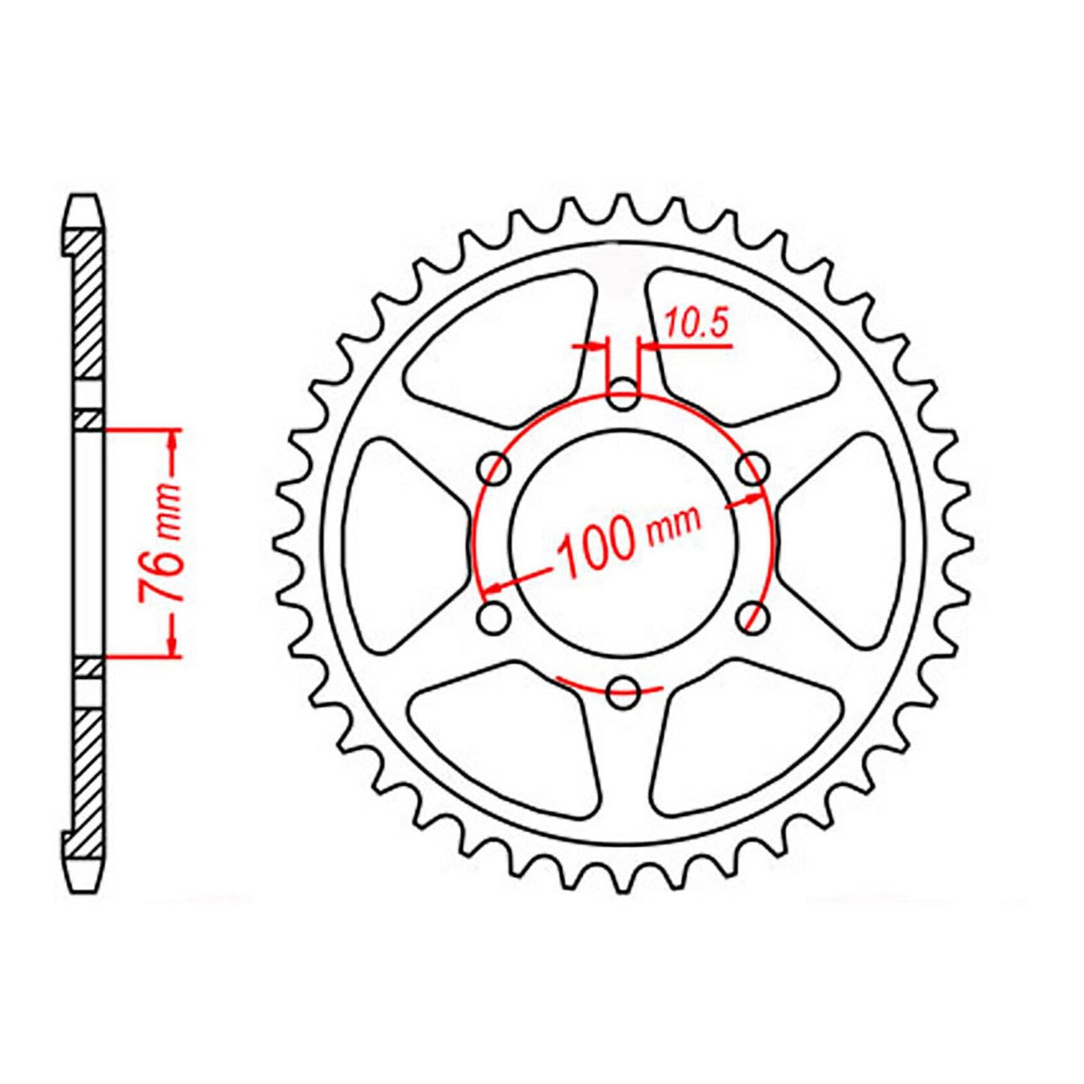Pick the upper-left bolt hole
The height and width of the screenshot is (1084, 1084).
[x=495, y=471]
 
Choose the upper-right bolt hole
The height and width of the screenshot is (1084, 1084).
[x=752, y=471]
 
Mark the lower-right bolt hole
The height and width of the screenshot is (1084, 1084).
[x=752, y=618]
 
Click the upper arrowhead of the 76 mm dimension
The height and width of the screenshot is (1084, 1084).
[x=173, y=443]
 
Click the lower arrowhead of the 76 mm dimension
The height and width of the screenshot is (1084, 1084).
[x=173, y=645]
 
